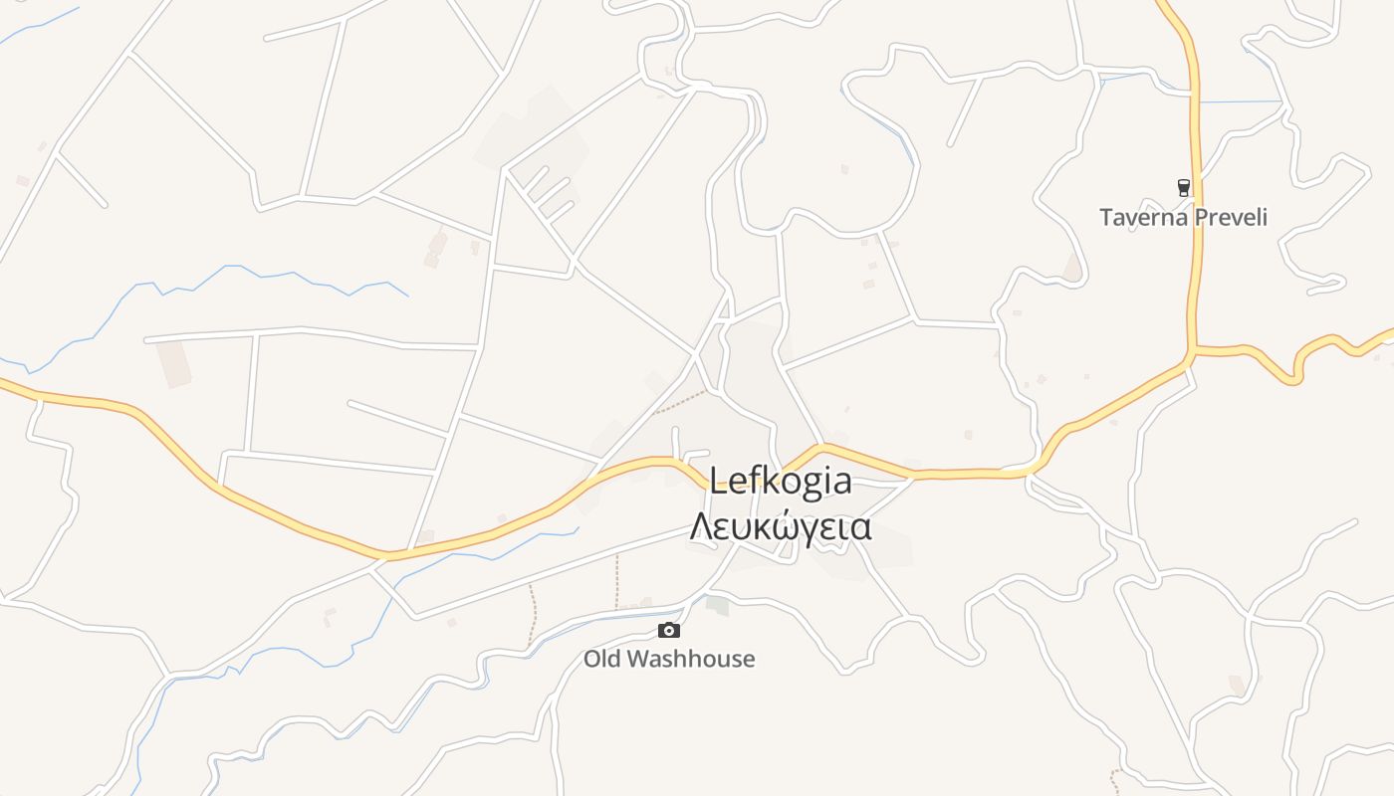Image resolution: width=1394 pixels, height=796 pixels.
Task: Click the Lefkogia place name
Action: click(781, 483)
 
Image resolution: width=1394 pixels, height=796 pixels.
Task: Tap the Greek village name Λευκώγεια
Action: click(781, 526)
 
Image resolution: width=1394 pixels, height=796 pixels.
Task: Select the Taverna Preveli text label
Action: click(1183, 217)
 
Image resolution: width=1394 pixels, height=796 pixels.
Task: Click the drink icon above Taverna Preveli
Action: click(1183, 187)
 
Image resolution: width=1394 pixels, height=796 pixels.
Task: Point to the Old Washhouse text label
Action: click(669, 659)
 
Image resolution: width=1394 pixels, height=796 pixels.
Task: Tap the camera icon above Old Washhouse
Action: click(669, 630)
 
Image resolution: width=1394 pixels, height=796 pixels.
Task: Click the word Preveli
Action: click(1231, 217)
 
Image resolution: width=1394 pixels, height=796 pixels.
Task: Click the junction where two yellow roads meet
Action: click(1192, 350)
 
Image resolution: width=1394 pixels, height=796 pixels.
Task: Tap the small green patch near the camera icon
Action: click(717, 604)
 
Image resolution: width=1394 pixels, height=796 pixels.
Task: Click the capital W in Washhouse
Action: click(641, 659)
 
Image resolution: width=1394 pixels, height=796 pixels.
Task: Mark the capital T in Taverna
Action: click(1106, 217)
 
